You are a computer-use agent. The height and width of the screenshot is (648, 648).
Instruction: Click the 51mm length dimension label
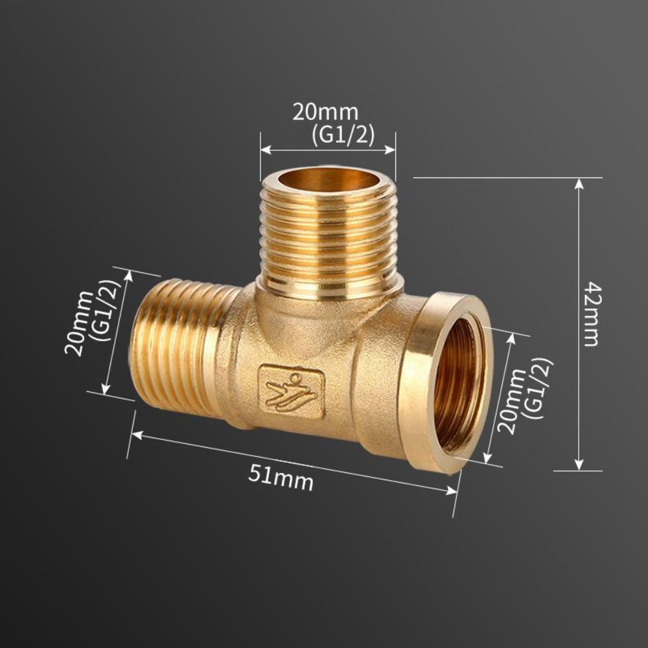(x=281, y=478)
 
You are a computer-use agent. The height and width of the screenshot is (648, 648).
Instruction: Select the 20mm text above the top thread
(x=325, y=112)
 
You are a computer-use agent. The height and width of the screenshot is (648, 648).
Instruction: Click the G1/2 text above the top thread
(x=343, y=135)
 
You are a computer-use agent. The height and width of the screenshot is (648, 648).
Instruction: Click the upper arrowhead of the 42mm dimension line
(x=579, y=183)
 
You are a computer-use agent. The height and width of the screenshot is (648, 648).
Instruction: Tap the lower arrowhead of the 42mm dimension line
(x=579, y=465)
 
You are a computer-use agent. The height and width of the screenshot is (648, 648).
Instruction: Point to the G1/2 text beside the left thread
(x=104, y=310)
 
